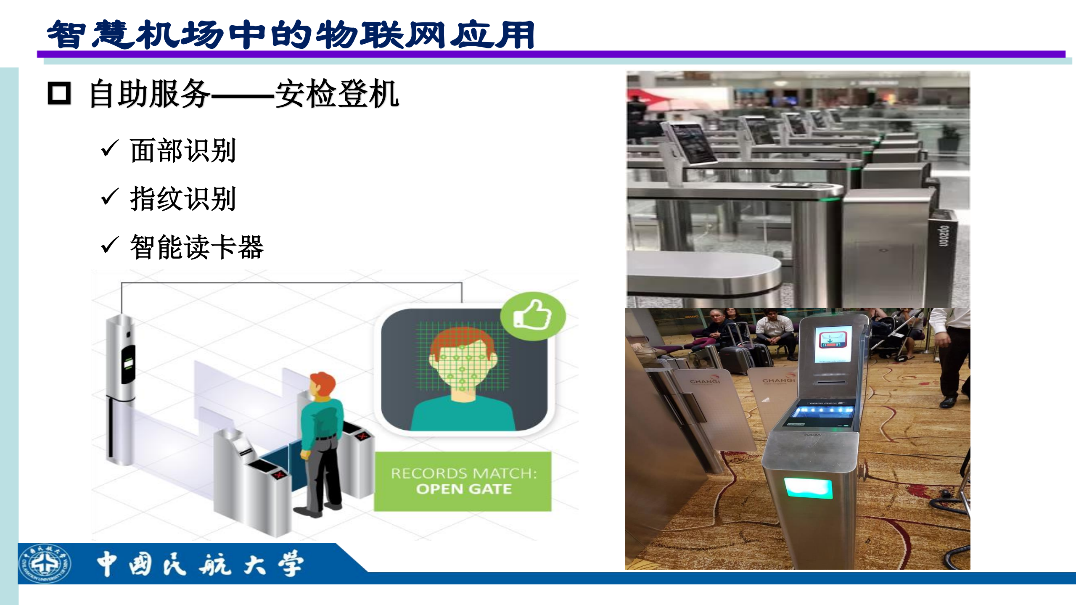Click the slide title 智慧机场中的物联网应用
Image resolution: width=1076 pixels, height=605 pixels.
point(290,34)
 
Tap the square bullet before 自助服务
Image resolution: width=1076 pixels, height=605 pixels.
point(59,93)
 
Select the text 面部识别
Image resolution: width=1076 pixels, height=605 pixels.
point(183,151)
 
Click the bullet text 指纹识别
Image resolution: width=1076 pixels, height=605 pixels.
point(183,199)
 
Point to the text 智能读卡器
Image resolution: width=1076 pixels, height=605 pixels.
point(197,247)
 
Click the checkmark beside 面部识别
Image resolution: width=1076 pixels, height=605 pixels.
point(110,149)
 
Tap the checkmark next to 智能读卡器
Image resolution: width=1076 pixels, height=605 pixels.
point(110,246)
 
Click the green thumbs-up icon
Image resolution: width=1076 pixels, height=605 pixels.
point(533,315)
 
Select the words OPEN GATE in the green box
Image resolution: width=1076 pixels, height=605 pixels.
point(464,489)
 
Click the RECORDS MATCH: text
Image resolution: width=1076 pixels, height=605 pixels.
point(464,473)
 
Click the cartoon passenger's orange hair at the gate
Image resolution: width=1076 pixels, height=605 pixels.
point(323,382)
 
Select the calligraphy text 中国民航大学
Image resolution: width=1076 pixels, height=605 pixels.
point(200,564)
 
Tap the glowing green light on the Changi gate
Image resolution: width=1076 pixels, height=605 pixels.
point(808,488)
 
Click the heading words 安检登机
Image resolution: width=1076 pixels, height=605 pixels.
point(337,94)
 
